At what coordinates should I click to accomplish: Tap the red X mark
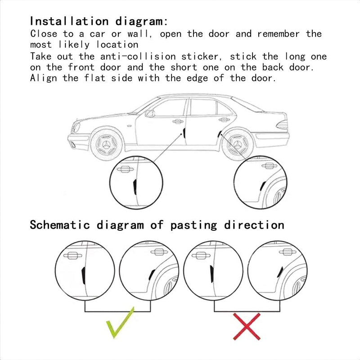pos(247,326)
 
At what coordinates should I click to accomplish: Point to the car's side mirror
pos(149,113)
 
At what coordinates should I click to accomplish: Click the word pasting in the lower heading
pos(194,225)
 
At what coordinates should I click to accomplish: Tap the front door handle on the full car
pos(178,121)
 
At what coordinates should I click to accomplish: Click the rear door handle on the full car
pos(224,120)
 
